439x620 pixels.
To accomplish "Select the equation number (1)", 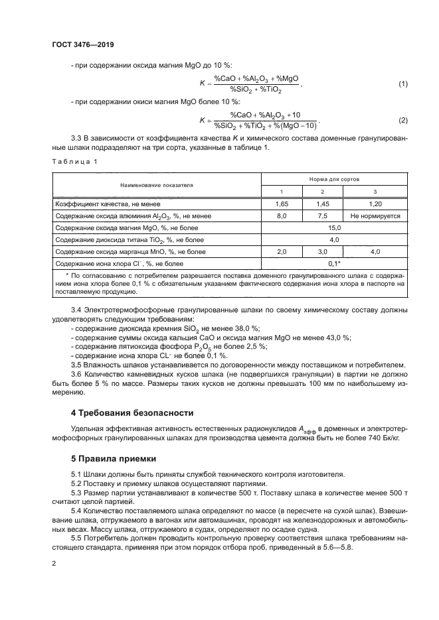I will tap(402, 84).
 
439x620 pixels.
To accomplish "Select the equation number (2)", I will tap(402, 120).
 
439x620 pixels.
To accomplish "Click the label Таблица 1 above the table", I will tap(74, 161).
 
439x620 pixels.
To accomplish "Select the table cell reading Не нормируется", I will tap(375, 216).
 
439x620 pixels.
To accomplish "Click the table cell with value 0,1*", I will tap(334, 263).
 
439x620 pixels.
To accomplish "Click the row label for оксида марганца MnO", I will tap(130, 252).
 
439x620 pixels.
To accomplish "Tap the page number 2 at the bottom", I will tap(53, 563).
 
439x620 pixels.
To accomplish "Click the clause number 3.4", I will tap(76, 310).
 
